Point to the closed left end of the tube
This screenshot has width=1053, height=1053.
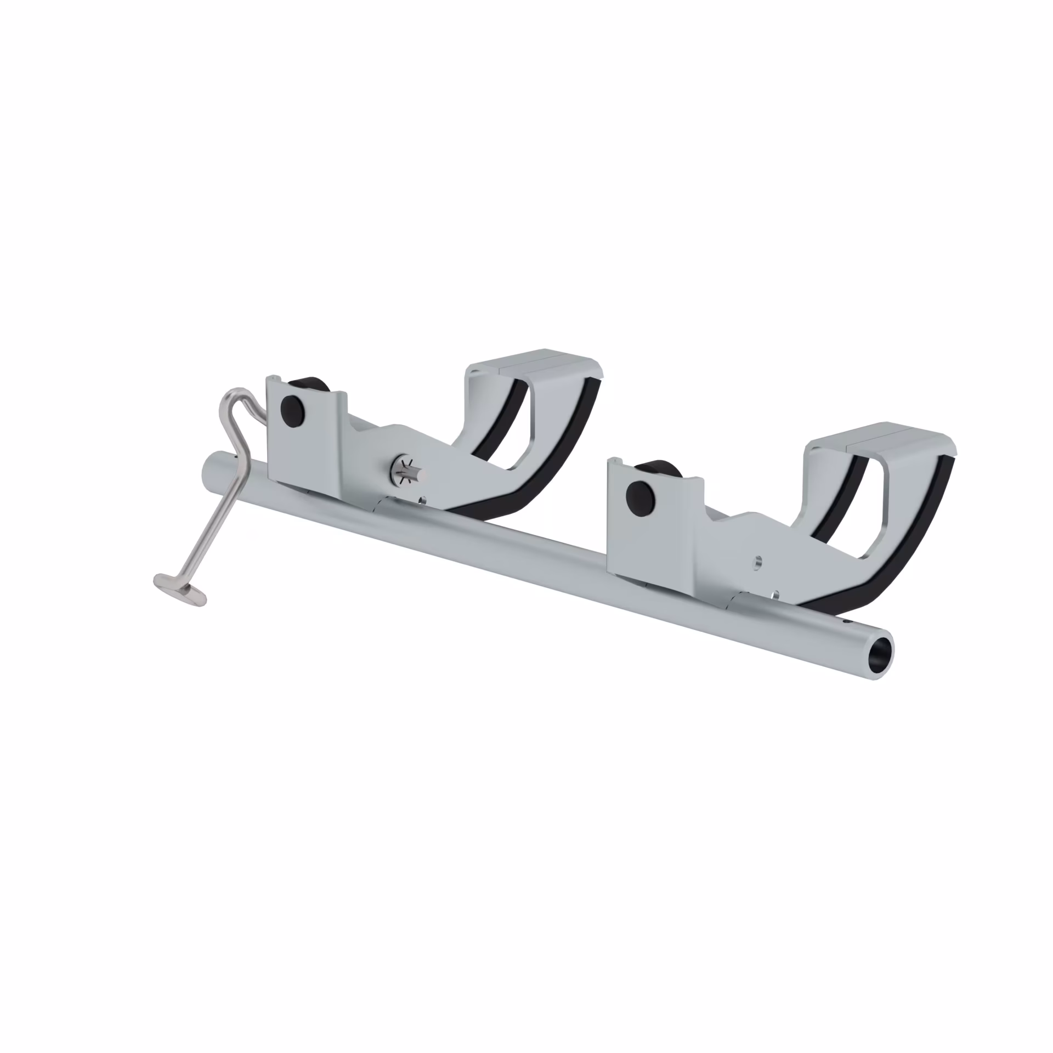(x=208, y=469)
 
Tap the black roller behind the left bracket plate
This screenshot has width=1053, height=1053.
(x=310, y=383)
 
